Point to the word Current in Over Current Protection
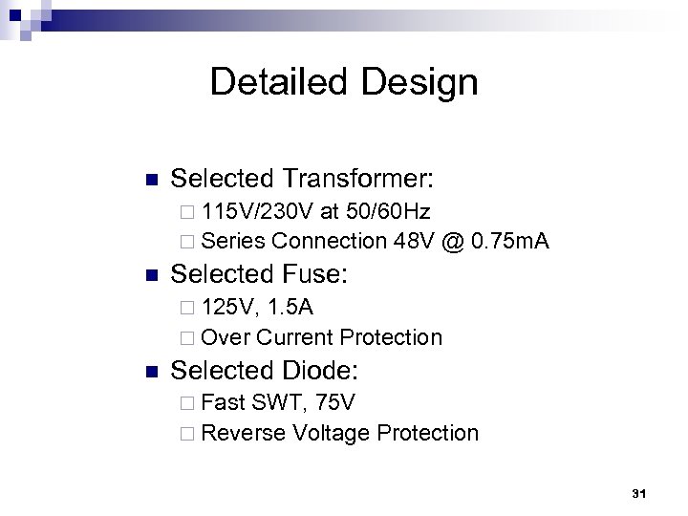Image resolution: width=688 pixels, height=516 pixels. pos(295,336)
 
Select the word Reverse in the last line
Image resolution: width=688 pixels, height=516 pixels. pos(244,433)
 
